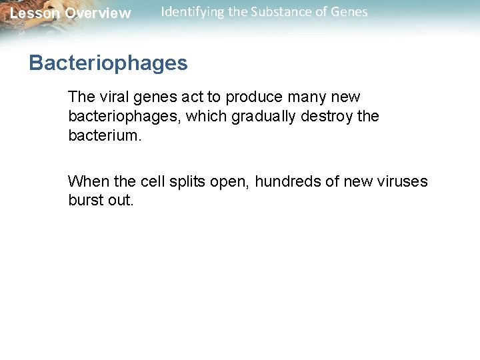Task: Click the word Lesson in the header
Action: (x=33, y=13)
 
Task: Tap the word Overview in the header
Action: (x=98, y=13)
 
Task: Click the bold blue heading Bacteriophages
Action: (x=108, y=63)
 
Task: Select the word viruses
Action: (x=403, y=181)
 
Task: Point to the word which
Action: (x=204, y=116)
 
